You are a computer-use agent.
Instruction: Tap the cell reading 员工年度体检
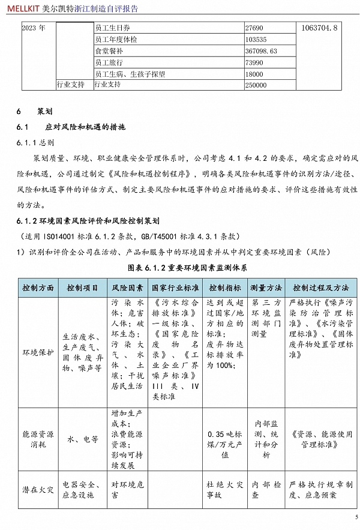click(x=116, y=40)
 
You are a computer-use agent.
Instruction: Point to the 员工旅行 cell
click(x=109, y=62)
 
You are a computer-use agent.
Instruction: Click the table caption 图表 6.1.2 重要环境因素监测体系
click(x=188, y=266)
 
